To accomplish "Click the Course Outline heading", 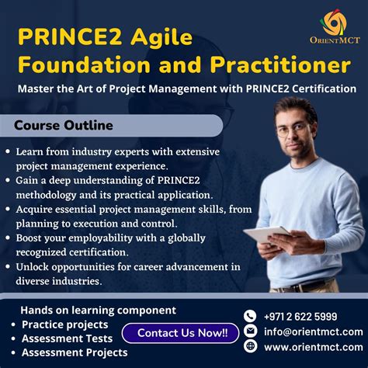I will [64, 125].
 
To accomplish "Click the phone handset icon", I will [250, 316].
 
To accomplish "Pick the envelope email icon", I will [250, 332].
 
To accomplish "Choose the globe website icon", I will [250, 347].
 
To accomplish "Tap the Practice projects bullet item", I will [65, 325].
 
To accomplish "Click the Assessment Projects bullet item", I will [75, 352].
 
